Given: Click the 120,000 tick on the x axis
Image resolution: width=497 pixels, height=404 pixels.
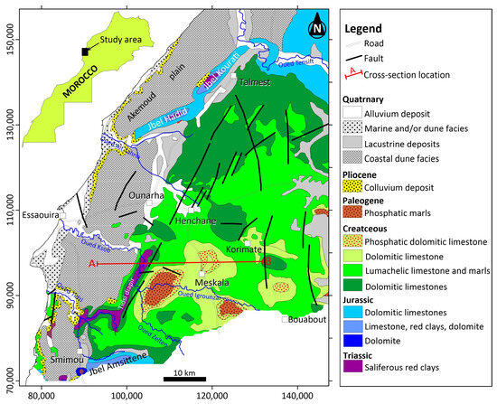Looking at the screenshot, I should (x=211, y=394).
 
